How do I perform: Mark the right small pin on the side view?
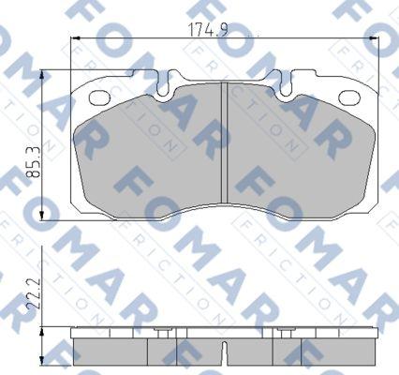(284, 333)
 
